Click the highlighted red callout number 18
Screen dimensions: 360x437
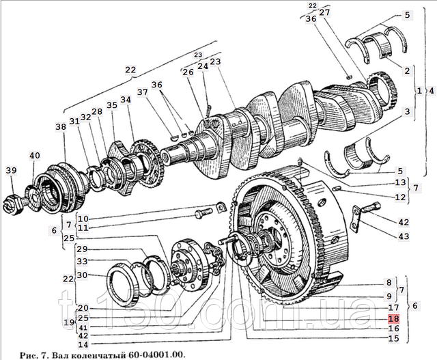(x=393, y=318)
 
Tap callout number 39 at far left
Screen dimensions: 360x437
(x=11, y=170)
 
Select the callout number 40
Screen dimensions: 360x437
(x=35, y=155)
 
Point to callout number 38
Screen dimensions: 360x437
(x=61, y=126)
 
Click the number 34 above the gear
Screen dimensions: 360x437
(x=125, y=100)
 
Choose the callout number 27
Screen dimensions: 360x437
(x=324, y=12)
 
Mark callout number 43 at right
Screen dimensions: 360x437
(x=405, y=236)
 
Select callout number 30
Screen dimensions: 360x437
(x=83, y=275)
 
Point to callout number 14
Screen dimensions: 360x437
(x=83, y=344)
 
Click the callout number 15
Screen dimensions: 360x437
(x=393, y=337)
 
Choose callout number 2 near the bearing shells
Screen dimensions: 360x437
(x=406, y=70)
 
